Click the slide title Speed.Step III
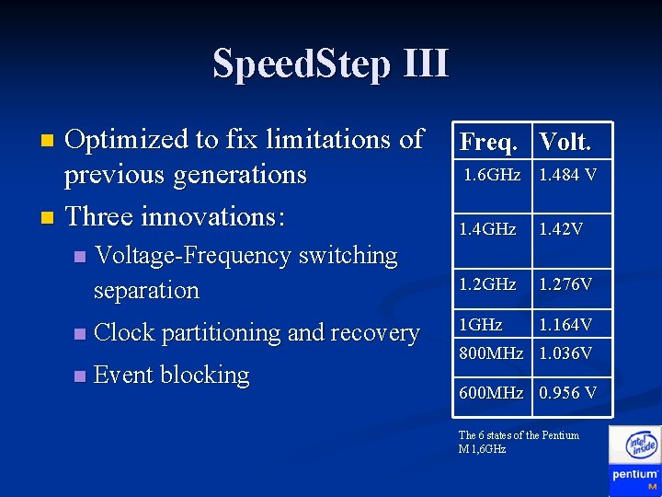(331, 64)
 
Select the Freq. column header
(494, 142)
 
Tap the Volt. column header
(565, 142)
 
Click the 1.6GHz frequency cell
(492, 175)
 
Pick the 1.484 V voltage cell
(567, 175)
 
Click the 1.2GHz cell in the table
(487, 284)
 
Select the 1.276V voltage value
(565, 284)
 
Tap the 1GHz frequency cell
(481, 324)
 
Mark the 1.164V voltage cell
(565, 324)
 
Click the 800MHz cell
(491, 353)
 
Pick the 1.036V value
(565, 353)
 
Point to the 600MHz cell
(491, 393)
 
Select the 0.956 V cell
(567, 393)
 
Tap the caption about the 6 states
(519, 442)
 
